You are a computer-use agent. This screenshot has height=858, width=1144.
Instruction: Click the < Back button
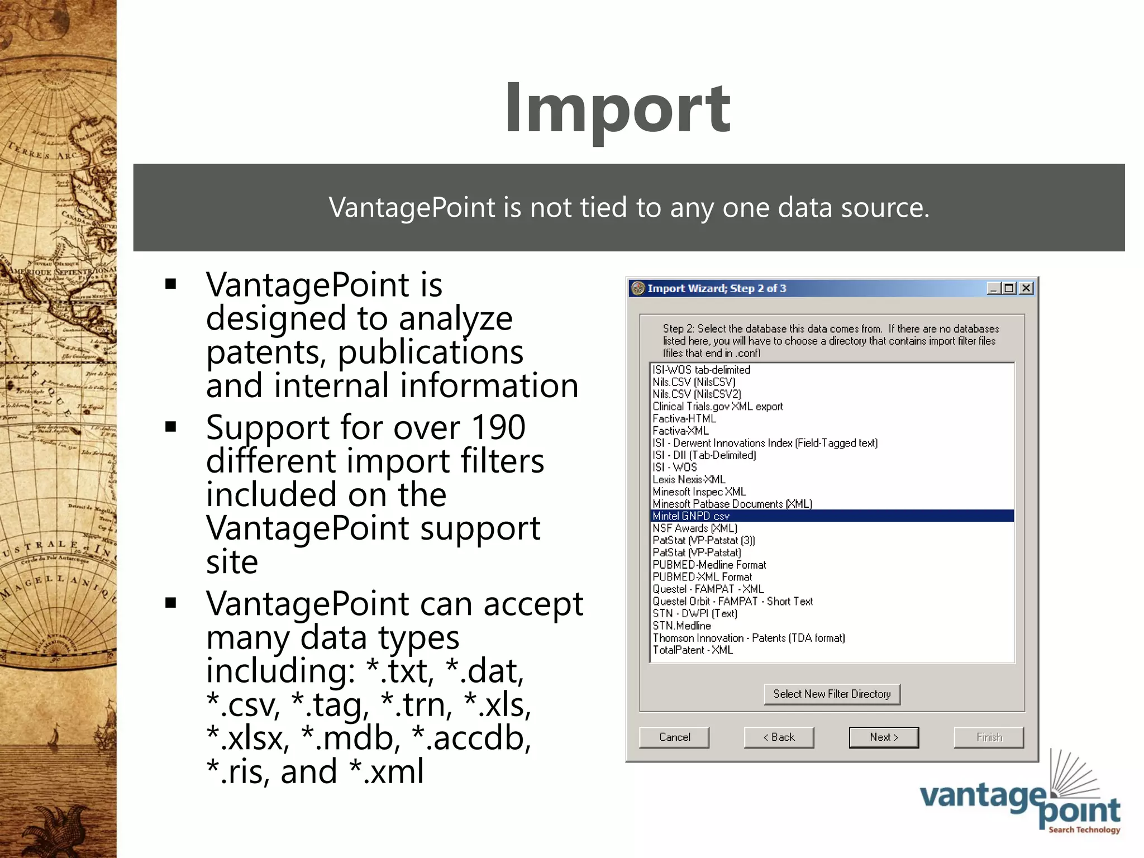[779, 737]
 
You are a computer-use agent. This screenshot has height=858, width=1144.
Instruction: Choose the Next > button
[884, 737]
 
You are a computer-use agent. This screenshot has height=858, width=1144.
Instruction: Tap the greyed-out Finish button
[989, 737]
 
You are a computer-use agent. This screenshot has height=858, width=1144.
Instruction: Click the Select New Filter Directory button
[832, 694]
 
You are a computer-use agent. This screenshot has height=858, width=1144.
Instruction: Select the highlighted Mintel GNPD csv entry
[691, 516]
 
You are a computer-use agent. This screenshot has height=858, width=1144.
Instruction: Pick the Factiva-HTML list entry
[684, 418]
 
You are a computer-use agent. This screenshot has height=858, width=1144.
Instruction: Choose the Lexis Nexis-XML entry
[689, 479]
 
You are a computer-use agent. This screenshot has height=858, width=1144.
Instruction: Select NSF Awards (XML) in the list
[695, 528]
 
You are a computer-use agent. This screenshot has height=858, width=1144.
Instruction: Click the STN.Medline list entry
[681, 626]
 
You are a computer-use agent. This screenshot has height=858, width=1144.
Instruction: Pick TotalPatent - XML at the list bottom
[693, 650]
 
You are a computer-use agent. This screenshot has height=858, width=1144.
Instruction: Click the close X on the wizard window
[1026, 288]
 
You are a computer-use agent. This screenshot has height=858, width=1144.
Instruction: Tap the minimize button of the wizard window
[993, 288]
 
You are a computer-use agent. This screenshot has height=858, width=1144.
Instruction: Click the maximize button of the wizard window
[1009, 288]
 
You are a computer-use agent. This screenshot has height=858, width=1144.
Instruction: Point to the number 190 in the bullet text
[498, 427]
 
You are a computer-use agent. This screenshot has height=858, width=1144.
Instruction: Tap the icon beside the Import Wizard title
[638, 288]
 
